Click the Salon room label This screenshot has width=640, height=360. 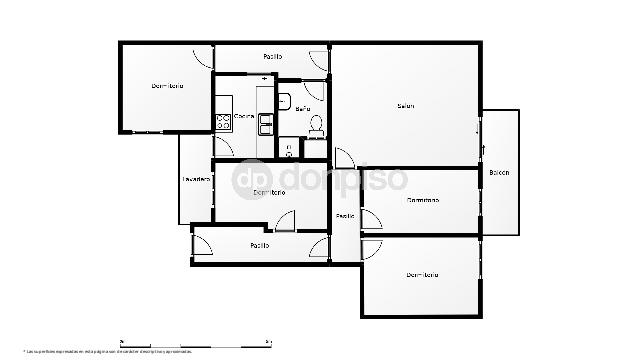(x=405, y=106)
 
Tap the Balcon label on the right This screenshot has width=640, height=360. (x=499, y=173)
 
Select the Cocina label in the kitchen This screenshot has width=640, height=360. (x=244, y=116)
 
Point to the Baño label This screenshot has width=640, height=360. (x=303, y=108)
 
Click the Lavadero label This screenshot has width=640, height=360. (x=196, y=179)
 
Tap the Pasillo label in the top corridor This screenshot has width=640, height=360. (x=272, y=57)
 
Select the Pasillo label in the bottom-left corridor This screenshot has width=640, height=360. (x=260, y=245)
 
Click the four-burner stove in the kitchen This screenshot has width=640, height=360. (x=223, y=123)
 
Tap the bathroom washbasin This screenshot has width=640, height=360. (x=285, y=99)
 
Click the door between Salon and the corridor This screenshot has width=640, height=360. (x=343, y=158)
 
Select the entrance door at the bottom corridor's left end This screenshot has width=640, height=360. (x=200, y=246)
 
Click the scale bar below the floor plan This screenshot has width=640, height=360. (x=196, y=342)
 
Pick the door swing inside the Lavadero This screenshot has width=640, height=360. (x=222, y=148)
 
